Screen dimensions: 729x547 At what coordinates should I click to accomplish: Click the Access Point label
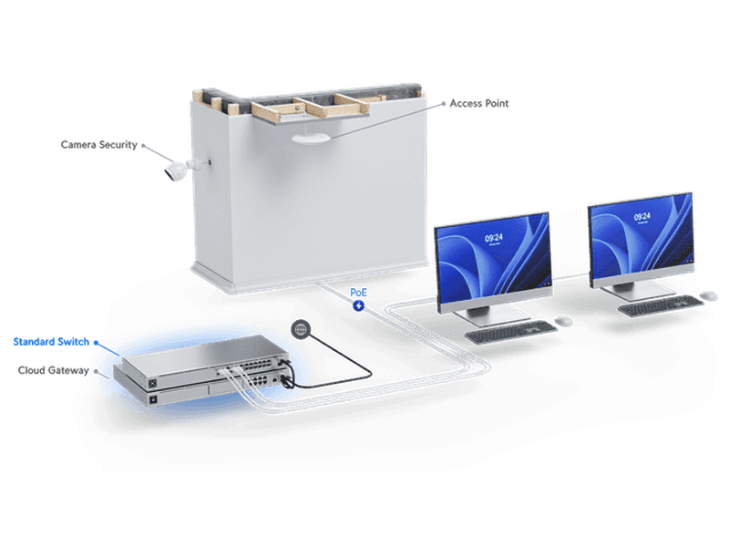tap(479, 103)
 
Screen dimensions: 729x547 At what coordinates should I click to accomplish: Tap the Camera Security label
tap(99, 145)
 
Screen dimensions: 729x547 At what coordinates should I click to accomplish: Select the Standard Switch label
tap(51, 342)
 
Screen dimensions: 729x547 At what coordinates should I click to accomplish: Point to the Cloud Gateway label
tap(54, 370)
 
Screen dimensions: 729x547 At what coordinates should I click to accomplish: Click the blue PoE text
tap(358, 292)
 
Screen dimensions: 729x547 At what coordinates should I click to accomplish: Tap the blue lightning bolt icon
tap(358, 305)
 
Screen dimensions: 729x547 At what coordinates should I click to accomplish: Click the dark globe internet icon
tap(301, 329)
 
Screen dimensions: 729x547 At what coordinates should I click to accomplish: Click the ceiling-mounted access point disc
tap(311, 138)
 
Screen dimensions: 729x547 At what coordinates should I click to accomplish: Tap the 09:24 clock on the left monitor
tap(493, 238)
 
